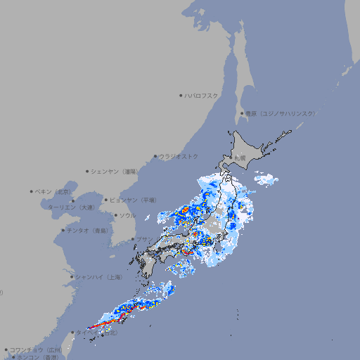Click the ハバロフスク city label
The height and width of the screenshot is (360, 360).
tap(202, 95)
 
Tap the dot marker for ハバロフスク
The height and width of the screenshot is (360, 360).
tap(181, 95)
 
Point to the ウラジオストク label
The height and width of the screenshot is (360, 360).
tap(179, 156)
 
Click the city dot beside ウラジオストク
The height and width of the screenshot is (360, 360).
tap(155, 156)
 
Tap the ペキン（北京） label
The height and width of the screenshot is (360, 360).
tap(54, 191)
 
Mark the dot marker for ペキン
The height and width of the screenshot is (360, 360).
tap(32, 191)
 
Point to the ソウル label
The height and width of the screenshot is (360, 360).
tap(127, 215)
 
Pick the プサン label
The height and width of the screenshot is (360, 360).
tap(144, 239)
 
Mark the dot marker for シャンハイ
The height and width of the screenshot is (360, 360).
tap(72, 277)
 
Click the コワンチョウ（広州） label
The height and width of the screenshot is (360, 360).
tap(35, 349)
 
